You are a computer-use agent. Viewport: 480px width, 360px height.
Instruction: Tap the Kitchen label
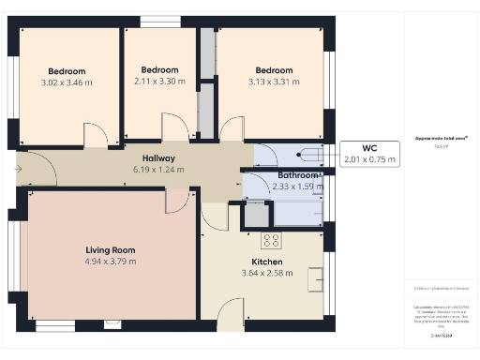266,262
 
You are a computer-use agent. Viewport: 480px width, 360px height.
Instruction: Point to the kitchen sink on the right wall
317,277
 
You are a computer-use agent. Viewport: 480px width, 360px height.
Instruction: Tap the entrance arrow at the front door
20,169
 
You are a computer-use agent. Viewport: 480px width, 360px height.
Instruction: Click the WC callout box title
370,148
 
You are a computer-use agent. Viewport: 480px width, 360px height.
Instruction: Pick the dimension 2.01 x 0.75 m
370,160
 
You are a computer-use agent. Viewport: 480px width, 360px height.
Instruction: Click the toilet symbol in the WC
306,154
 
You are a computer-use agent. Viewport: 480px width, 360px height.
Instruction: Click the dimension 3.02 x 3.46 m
67,82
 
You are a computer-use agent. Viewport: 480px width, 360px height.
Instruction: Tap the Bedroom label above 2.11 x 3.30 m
159,70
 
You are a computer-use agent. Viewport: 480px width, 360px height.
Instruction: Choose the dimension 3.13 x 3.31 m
274,82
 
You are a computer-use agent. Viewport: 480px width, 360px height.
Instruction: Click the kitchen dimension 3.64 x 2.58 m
266,273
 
